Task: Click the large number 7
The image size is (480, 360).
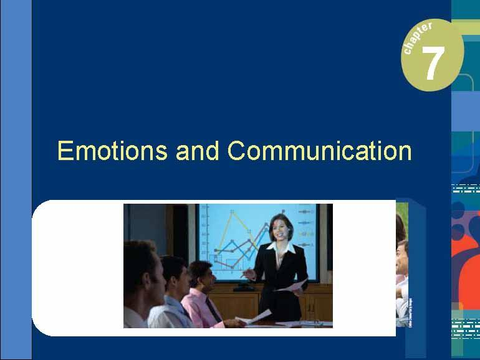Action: pos(433,64)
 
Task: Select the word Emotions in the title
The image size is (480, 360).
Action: pos(112,151)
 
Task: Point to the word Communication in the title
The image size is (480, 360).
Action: pos(319,151)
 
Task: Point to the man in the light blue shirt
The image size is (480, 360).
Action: pos(171,293)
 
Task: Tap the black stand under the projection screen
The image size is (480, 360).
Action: pos(244,287)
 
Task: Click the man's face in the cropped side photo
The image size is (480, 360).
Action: pos(403,262)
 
